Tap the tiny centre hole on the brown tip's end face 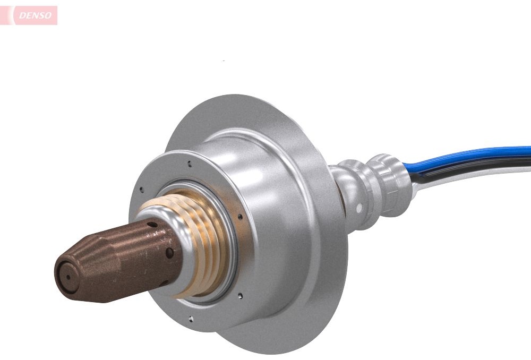(68, 277)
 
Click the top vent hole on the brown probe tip (152, 224)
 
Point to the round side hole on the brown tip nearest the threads (169, 253)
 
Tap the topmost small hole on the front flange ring (190, 164)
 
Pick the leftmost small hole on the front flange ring (142, 190)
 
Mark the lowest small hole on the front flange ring (191, 319)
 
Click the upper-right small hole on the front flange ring (240, 216)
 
